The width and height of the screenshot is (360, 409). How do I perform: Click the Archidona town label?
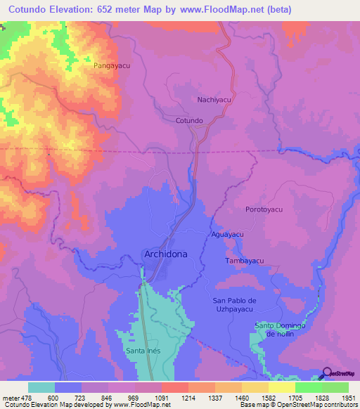coord(165,254)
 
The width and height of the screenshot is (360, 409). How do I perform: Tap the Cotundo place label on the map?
coord(189,121)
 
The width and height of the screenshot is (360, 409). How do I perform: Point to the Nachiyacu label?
coord(214,100)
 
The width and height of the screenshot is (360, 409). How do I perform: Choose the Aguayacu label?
coord(227,233)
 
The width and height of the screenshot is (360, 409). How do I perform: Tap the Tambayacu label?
coord(244,261)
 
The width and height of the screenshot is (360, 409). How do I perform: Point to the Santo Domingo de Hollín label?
coord(279,330)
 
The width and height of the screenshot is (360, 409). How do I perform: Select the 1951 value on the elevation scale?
coord(349,397)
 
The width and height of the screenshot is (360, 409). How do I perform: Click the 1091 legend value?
coord(162,397)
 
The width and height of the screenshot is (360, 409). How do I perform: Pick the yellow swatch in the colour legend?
coord(281,387)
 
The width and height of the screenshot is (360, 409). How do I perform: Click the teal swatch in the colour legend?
coord(41,387)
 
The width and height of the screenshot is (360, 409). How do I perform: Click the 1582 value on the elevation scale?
coord(269,397)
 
